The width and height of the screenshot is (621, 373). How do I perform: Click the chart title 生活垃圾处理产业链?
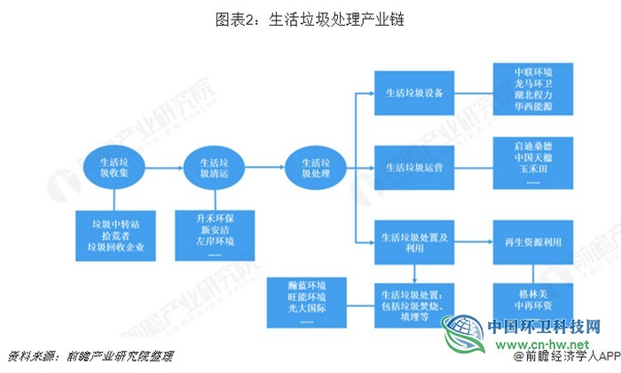pos(310,18)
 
